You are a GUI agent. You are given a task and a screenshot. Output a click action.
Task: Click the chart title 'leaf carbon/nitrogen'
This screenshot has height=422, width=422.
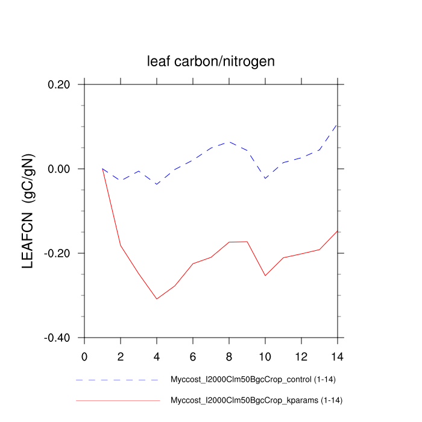coord(211,61)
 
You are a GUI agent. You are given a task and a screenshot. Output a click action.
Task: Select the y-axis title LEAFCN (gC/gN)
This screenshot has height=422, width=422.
coord(28,210)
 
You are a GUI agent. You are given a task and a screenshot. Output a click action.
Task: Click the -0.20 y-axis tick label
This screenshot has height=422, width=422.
coord(59,253)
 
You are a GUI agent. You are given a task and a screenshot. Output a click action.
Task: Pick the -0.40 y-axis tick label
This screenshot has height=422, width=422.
coord(59,338)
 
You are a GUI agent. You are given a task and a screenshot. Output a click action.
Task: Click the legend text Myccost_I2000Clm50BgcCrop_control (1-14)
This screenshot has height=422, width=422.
coord(250,380)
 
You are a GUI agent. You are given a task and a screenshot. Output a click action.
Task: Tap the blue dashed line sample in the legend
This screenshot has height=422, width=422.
coord(118,380)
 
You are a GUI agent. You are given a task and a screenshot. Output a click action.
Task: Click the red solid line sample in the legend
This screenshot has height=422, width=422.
coord(118,400)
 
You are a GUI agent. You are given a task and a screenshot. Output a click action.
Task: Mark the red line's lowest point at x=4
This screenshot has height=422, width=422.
coord(157,299)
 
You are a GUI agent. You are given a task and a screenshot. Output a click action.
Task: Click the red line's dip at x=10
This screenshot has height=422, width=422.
coord(265,276)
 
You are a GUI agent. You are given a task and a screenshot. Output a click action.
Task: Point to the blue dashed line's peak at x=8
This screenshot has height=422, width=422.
coord(229,142)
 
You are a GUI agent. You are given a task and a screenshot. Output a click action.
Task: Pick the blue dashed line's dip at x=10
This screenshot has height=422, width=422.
coord(265,178)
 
